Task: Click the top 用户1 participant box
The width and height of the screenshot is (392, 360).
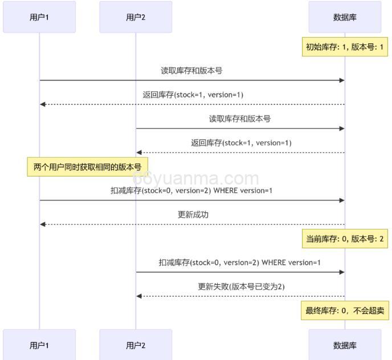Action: (39, 17)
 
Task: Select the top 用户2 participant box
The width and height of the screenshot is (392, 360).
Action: (136, 17)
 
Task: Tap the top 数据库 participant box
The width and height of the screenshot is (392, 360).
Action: (345, 17)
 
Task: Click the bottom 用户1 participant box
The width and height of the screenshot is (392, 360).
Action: (39, 345)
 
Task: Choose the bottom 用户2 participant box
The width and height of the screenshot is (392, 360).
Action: (136, 345)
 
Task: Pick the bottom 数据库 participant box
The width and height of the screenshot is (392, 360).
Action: (345, 345)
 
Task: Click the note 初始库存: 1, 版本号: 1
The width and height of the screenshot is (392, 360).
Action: (345, 47)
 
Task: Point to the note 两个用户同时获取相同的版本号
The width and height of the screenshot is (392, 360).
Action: (87, 167)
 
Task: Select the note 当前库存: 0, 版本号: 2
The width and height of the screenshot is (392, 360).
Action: (345, 239)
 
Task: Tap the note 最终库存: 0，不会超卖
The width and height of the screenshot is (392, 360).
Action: (345, 311)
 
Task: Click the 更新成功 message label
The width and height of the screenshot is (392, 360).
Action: (193, 215)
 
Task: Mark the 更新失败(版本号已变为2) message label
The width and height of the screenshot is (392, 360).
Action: (241, 287)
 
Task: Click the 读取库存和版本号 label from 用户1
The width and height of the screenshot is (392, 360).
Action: (191, 71)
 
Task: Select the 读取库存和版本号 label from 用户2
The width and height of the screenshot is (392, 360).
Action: (240, 118)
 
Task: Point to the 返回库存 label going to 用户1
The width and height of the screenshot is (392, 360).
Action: (193, 95)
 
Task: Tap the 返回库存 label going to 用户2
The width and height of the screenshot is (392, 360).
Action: (241, 142)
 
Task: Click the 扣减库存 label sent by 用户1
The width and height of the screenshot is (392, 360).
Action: (191, 190)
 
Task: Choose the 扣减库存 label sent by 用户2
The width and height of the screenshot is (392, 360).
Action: (240, 263)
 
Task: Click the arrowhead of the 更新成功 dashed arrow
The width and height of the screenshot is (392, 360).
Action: (42, 224)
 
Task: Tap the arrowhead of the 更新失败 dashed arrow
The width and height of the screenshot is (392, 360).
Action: (138, 296)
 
